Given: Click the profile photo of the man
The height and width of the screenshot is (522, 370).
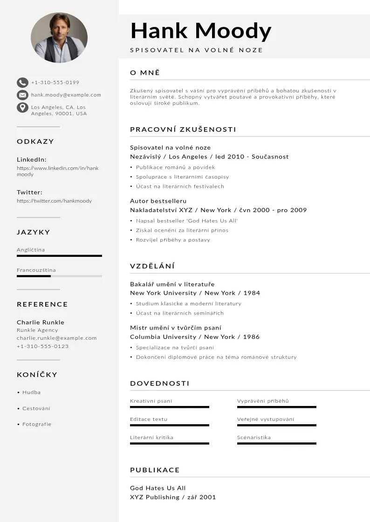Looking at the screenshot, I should (59, 38).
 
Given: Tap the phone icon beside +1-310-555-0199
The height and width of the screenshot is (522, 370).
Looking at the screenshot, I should (22, 82).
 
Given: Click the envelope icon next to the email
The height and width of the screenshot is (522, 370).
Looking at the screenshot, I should (22, 95).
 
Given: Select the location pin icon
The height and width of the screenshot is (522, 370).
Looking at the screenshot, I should (22, 108).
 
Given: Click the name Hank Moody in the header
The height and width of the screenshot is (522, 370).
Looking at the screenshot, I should (201, 31).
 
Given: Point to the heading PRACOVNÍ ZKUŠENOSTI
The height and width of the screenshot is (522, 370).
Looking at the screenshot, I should (183, 130).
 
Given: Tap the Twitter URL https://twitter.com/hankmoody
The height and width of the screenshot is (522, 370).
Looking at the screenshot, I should (54, 201).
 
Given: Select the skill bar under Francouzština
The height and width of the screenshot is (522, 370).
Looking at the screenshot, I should (59, 276).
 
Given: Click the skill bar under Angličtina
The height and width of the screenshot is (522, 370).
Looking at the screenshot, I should (59, 256).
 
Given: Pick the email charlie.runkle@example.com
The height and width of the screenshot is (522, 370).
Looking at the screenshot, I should (57, 338).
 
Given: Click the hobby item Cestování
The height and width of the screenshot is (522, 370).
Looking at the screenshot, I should (36, 409).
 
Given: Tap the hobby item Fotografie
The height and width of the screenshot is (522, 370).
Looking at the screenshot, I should (37, 425).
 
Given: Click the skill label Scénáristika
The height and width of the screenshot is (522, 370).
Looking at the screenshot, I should (254, 438).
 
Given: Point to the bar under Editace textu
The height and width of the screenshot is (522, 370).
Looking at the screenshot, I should (170, 425).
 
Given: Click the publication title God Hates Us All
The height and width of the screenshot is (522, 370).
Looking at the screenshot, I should (158, 488).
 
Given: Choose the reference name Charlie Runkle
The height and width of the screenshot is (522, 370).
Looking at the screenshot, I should (41, 323).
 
